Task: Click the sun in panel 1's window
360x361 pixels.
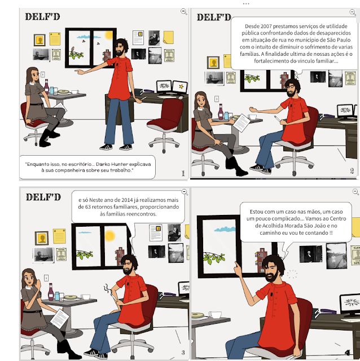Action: coord(109,35)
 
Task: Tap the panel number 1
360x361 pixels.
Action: coord(183,173)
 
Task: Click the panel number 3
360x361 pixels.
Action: coord(183,353)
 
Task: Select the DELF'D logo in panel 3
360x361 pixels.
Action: coord(43,197)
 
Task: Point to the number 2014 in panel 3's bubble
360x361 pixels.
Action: coord(127,200)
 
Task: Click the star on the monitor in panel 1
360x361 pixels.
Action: coord(181,86)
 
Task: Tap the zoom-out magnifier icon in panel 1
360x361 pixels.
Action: coord(184,11)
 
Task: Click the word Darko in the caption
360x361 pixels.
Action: coord(103,164)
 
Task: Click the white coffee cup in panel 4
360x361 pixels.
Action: coord(214,315)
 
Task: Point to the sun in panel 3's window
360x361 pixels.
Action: coord(110,236)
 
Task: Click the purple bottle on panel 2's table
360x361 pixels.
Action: coord(221,112)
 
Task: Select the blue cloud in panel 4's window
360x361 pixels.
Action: coord(225,229)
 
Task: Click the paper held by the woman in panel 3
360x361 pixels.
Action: coord(60,319)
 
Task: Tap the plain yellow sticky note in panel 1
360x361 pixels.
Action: coord(168,37)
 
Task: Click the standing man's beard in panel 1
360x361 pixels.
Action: coord(120,52)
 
